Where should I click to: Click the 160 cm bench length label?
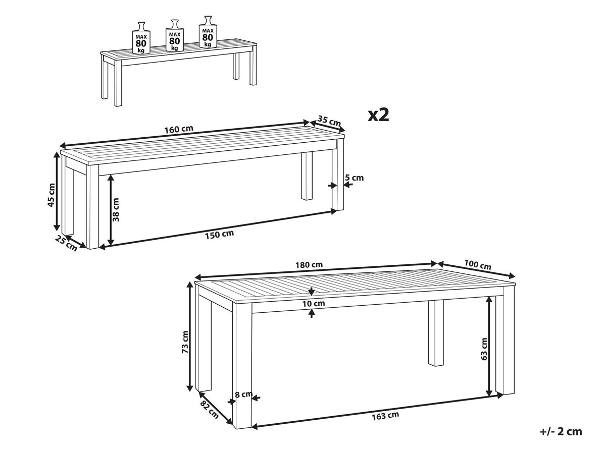tap(179, 129)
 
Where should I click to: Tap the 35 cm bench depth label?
tap(329, 121)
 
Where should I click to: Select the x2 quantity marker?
tap(379, 115)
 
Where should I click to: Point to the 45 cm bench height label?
tap(52, 195)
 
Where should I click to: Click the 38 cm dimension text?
tap(116, 210)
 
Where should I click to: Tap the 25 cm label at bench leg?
tap(66, 243)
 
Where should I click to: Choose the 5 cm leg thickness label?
tap(354, 178)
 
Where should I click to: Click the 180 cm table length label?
tap(309, 265)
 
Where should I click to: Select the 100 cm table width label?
tap(478, 265)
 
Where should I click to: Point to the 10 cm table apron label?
tap(314, 304)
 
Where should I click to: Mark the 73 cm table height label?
tap(185, 342)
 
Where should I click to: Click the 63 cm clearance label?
tap(484, 349)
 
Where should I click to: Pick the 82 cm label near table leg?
tap(209, 410)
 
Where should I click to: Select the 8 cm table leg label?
tap(243, 394)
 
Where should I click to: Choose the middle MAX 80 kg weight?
tap(175, 35)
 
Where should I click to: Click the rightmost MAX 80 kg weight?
tap(208, 32)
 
